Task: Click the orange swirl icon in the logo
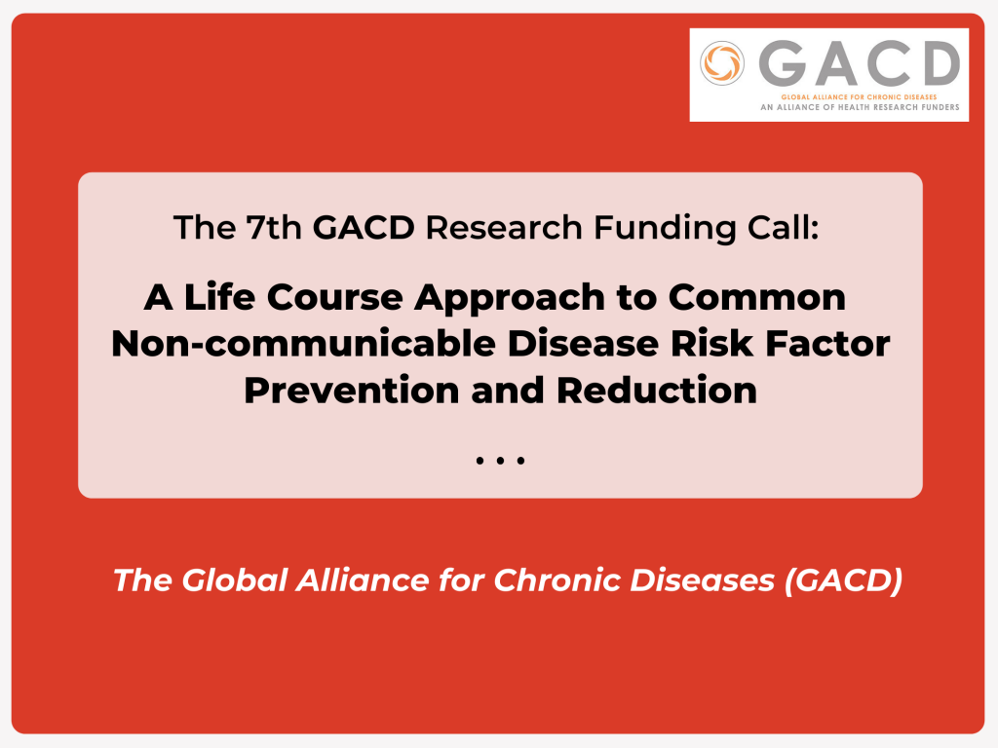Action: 722,63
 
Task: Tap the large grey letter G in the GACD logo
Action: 783,63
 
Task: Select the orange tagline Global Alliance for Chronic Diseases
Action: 860,97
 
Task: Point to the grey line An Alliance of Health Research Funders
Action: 860,107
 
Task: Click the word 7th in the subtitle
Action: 274,227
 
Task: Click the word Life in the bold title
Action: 219,296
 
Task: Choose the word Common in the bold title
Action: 756,297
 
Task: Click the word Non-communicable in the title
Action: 304,344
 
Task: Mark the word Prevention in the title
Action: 351,390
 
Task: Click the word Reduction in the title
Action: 657,390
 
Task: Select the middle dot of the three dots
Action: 500,460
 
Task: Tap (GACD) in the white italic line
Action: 843,580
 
